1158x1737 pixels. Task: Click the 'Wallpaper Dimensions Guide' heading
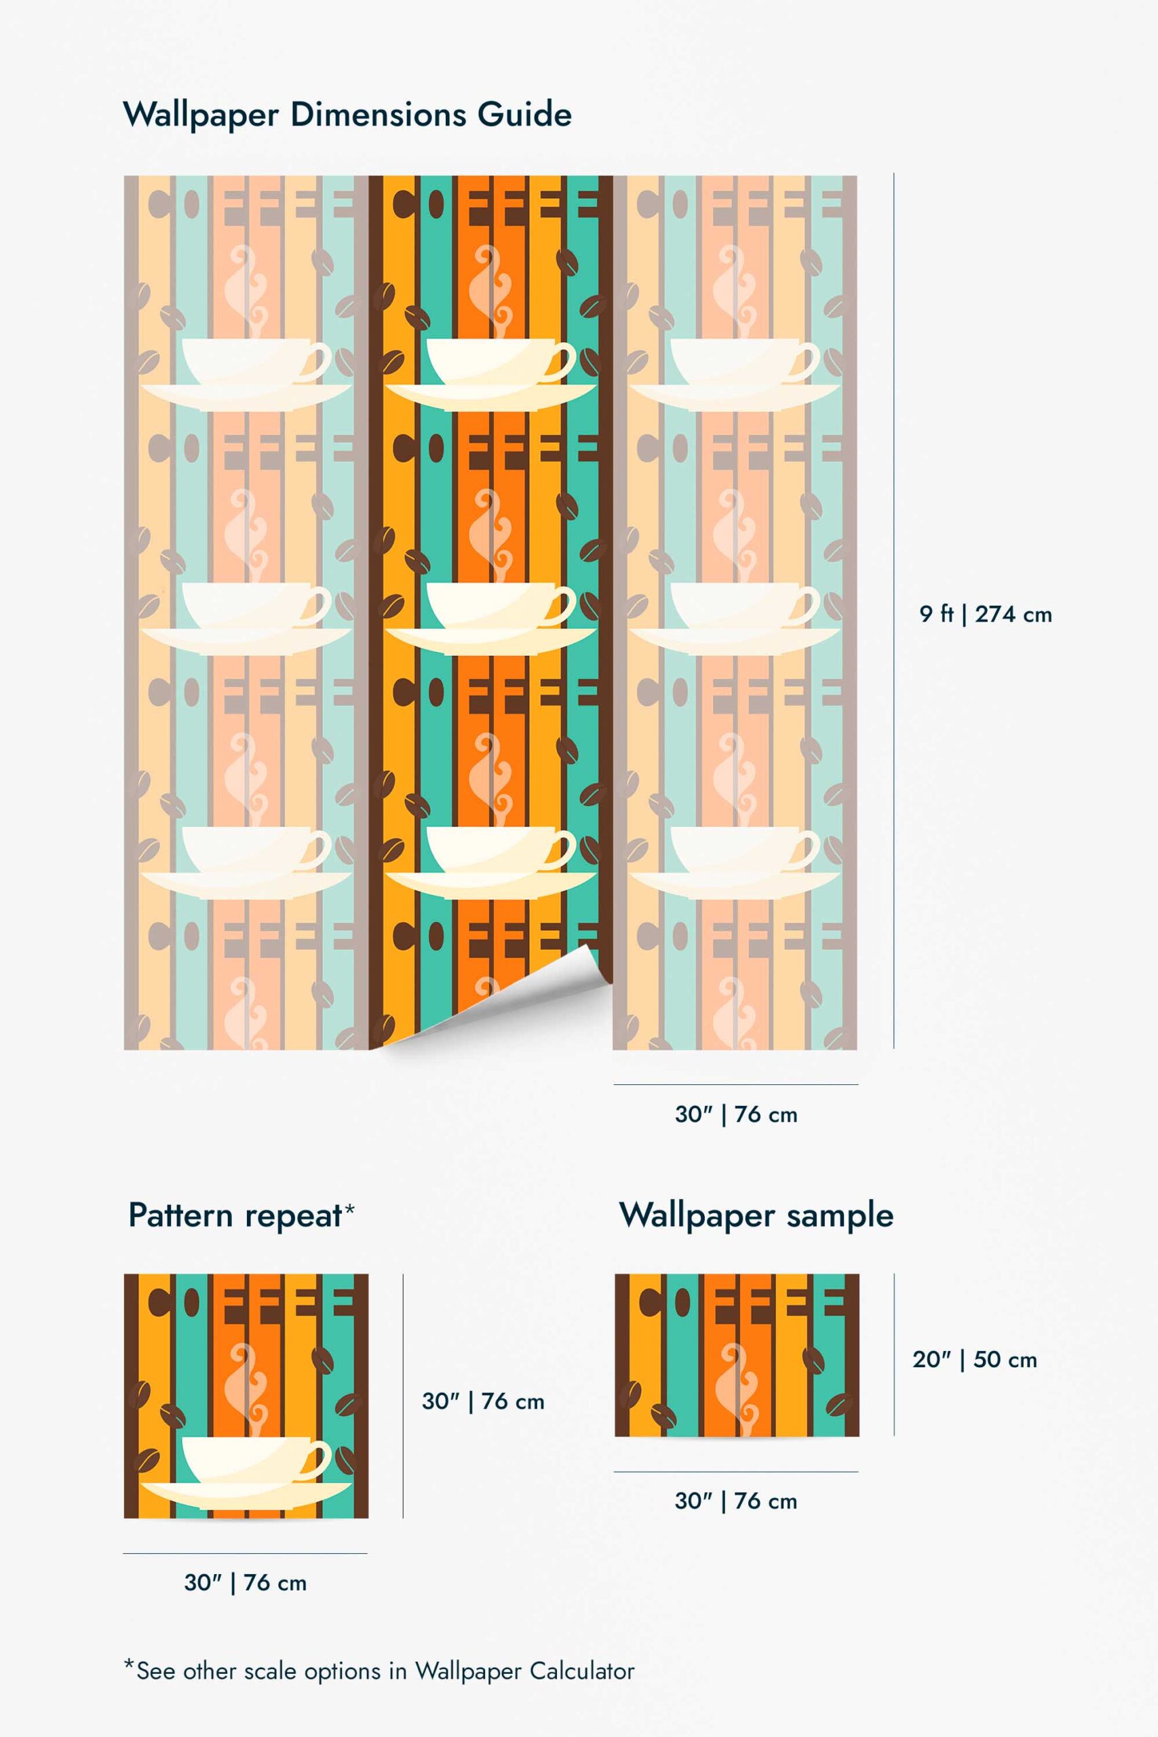coord(347,115)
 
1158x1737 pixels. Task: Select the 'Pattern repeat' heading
coord(235,1215)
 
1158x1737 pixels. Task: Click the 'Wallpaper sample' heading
coord(756,1215)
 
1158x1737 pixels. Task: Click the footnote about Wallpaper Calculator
coord(379,1671)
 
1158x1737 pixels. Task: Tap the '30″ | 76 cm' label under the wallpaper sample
coord(735,1501)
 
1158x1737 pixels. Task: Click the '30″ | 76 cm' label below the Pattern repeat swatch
coord(245,1583)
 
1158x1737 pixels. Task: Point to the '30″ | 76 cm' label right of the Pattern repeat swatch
coord(483,1401)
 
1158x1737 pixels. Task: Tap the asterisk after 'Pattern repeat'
coord(350,1208)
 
